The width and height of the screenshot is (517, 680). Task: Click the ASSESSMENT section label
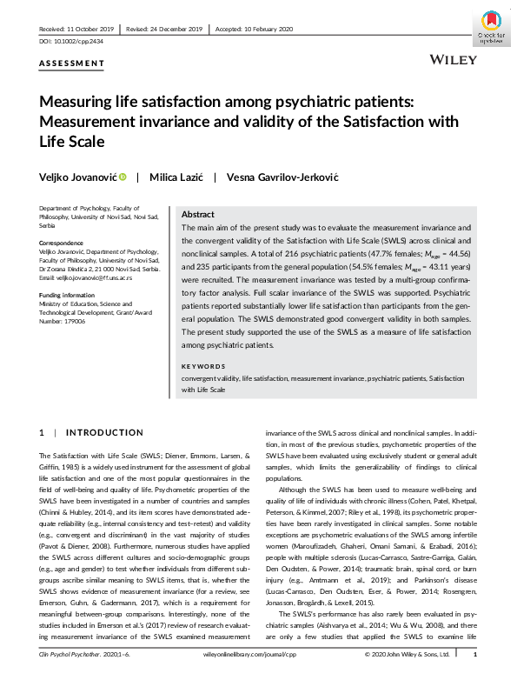72,63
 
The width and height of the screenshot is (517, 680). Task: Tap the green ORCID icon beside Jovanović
123,177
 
